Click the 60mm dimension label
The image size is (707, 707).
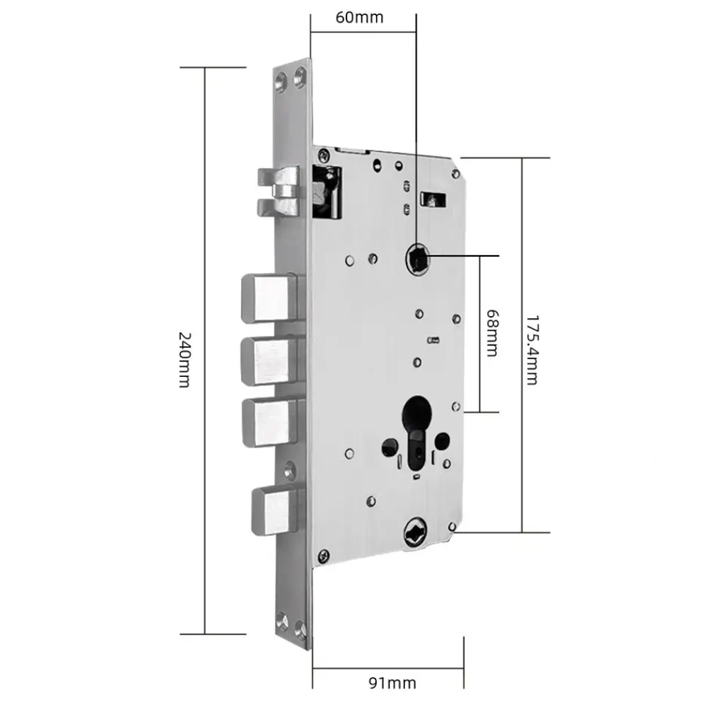[x=359, y=18]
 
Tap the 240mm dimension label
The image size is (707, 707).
[x=185, y=360]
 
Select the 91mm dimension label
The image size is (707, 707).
[x=392, y=683]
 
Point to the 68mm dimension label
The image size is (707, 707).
[x=492, y=333]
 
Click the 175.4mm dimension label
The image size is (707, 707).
[x=532, y=351]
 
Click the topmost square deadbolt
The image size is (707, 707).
[x=269, y=298]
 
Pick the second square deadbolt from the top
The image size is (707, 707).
[x=269, y=361]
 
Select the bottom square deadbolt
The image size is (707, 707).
[x=275, y=510]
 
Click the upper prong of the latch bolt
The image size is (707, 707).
[x=278, y=177]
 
